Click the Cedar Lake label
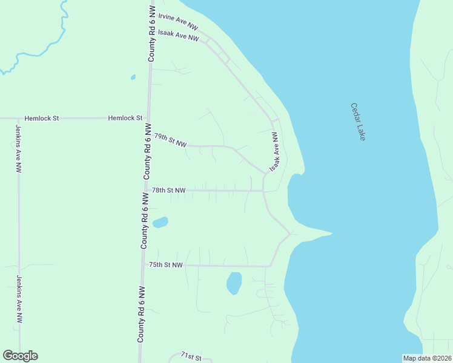tap(359, 122)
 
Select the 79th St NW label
tap(170, 140)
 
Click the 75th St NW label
tap(165, 265)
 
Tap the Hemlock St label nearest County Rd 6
tap(125, 118)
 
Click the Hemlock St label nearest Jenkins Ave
tap(40, 118)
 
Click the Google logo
tap(20, 356)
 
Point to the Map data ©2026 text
tap(427, 358)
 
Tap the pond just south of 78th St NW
tap(160, 223)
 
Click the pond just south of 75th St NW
tap(234, 283)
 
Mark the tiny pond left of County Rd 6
tap(133, 77)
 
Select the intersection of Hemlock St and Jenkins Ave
tap(18, 118)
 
